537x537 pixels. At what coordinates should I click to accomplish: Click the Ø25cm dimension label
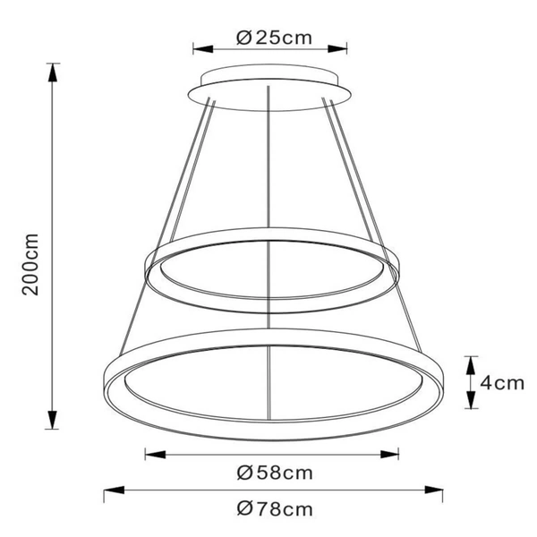click(x=273, y=38)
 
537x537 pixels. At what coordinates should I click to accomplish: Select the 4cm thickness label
click(x=501, y=383)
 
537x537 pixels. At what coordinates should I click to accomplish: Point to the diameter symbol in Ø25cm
click(x=243, y=38)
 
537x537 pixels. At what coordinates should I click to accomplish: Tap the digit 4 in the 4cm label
click(x=487, y=383)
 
